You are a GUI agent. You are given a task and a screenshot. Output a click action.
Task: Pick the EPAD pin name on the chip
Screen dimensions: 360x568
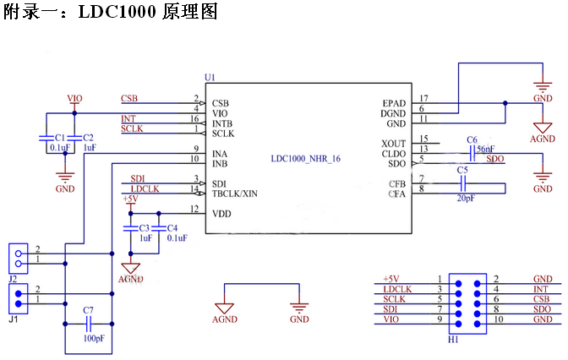pos(393,103)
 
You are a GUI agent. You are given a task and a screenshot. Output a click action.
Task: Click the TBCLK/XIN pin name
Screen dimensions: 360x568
pos(236,194)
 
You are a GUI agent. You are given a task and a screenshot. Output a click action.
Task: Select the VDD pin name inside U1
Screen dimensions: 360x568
pos(221,214)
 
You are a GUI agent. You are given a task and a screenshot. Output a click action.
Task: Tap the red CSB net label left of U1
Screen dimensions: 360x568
pos(129,98)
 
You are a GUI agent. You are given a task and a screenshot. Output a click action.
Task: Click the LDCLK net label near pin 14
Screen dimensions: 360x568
pos(145,188)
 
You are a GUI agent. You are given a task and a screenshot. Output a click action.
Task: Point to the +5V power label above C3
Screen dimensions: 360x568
pos(130,199)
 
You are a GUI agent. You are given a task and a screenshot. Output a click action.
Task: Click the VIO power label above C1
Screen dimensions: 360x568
pos(74,99)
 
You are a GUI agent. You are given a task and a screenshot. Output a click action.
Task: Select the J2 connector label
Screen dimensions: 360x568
pos(13,276)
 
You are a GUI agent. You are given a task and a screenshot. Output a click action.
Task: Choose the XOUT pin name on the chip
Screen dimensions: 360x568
pos(393,143)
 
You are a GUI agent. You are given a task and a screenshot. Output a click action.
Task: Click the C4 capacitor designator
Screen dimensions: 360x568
pos(172,228)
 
